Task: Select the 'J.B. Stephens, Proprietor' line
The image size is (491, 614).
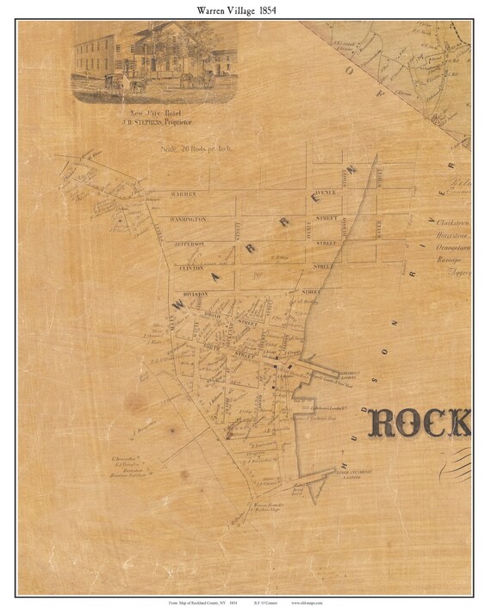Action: [x=154, y=122]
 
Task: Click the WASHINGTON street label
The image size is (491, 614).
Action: [x=189, y=220]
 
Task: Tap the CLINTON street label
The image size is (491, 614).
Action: [x=191, y=268]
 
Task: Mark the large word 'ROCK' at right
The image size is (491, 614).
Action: [x=420, y=423]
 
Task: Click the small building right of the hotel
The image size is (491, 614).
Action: [x=223, y=61]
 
